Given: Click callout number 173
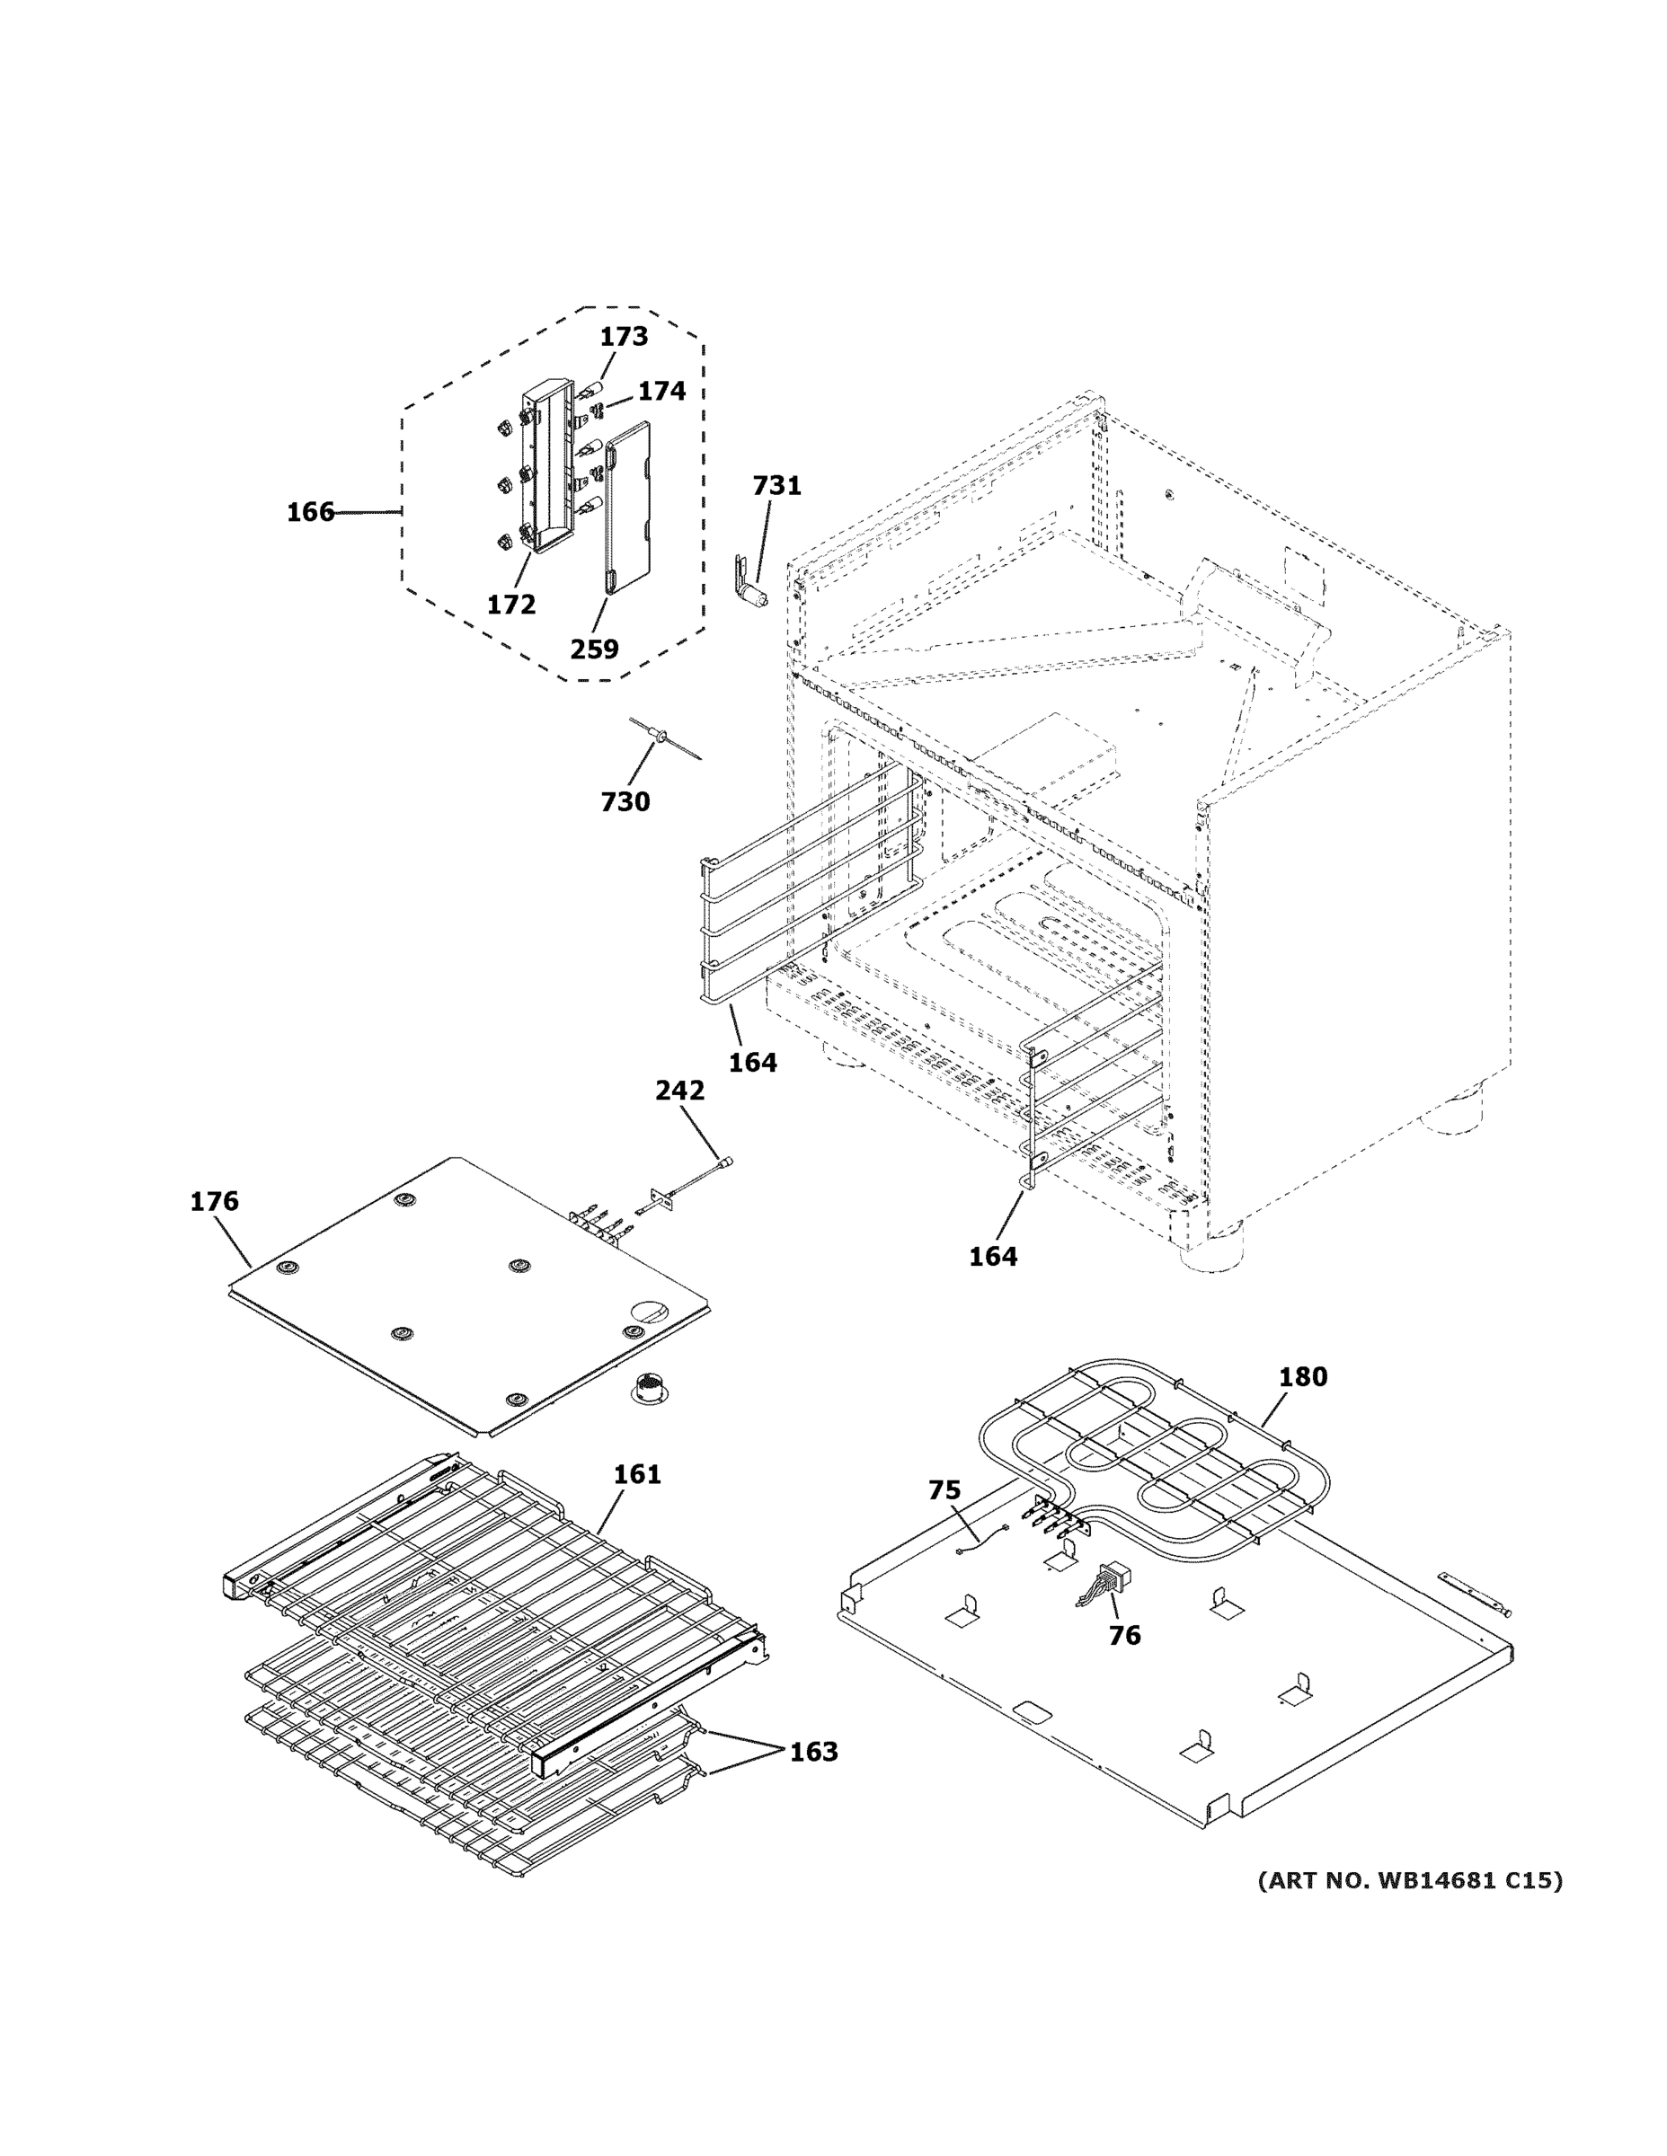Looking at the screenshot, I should click(625, 337).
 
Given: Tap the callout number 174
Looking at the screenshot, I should click(661, 392).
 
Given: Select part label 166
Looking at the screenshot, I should click(310, 512).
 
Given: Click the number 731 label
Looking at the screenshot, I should click(776, 486).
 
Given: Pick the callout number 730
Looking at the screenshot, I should click(625, 801).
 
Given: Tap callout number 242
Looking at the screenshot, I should click(679, 1090).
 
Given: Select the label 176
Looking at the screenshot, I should click(214, 1201).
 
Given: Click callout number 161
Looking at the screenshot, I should click(637, 1474).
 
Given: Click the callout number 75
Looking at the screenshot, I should click(944, 1490).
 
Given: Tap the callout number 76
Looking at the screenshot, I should click(1124, 1635).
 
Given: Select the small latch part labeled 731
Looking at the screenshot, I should click(750, 583).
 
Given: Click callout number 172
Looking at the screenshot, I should click(510, 605).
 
